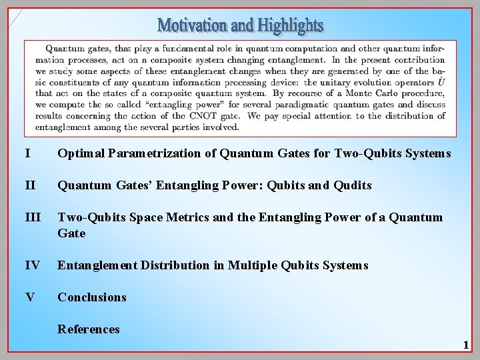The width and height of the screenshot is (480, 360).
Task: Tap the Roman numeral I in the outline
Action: point(27,154)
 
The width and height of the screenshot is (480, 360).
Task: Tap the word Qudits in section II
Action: point(353,185)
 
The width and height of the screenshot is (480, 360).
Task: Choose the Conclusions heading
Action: point(92,297)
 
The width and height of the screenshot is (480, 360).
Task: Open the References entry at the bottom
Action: point(89,329)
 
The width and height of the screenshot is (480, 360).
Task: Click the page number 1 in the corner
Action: point(466,345)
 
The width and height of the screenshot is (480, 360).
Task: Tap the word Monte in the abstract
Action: point(335,93)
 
